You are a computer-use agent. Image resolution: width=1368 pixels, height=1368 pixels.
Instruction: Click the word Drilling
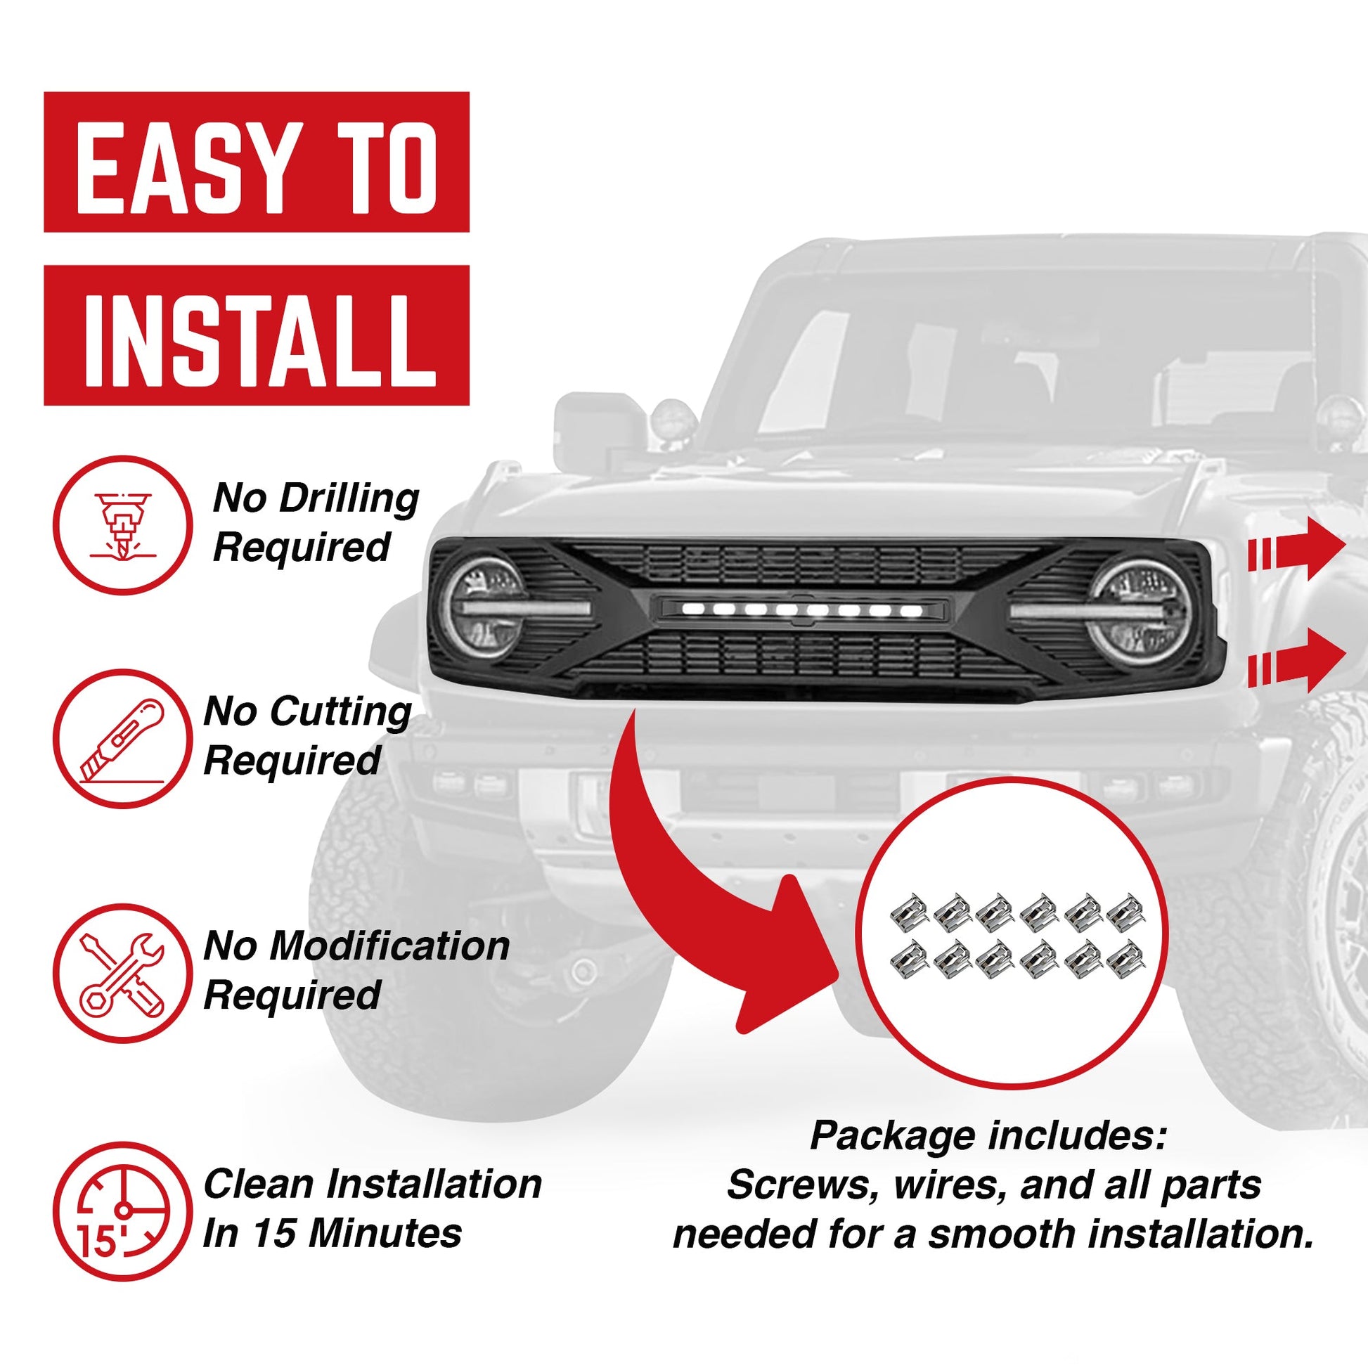(x=350, y=499)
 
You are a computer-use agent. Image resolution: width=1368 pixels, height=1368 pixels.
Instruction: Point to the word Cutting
(x=340, y=711)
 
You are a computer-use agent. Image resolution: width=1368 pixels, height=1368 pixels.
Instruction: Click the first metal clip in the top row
(x=909, y=911)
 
